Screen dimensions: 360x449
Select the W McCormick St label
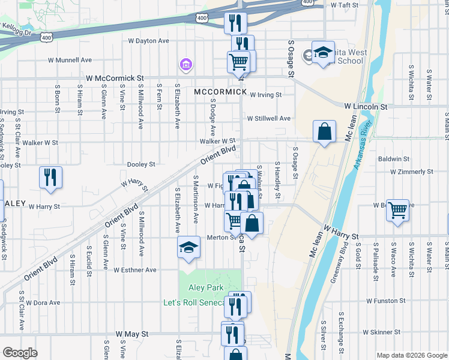(x=115, y=78)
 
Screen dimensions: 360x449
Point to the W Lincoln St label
(x=366, y=106)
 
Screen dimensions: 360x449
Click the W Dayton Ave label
(x=148, y=41)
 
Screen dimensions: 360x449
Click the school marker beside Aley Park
(x=188, y=248)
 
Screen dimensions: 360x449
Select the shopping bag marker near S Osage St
(x=324, y=131)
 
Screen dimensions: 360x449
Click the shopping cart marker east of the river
(x=397, y=211)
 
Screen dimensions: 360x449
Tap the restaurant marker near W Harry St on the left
(x=50, y=178)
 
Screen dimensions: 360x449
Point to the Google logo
(x=20, y=353)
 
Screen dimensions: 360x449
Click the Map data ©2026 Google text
(x=411, y=355)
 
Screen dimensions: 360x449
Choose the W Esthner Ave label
(x=134, y=270)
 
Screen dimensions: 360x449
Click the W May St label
(x=131, y=333)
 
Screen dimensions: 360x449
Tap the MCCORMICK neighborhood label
(x=220, y=92)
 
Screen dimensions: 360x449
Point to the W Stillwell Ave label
(x=270, y=119)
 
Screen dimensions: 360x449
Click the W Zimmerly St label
(x=412, y=172)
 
